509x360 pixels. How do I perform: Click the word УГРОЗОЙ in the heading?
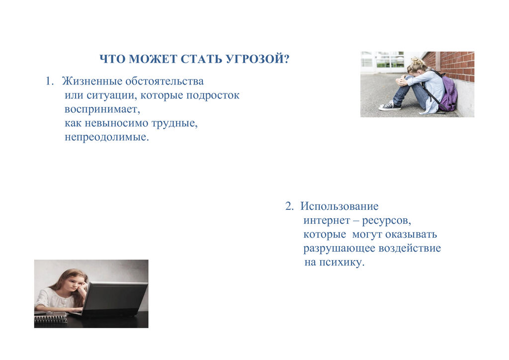[257, 59]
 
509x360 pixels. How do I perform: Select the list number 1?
[49, 81]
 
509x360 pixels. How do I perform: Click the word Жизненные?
[92, 81]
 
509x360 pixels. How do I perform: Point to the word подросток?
[212, 96]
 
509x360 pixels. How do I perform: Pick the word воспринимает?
[102, 109]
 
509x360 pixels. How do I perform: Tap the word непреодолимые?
[106, 137]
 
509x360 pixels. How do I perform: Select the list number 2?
[289, 206]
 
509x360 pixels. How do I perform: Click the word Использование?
[339, 206]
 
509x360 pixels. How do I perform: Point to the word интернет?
[327, 220]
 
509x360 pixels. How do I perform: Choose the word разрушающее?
[339, 249]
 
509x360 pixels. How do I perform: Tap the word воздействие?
[410, 248]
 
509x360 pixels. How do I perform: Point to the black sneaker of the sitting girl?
[389, 105]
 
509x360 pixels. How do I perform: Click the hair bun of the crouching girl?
[416, 61]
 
